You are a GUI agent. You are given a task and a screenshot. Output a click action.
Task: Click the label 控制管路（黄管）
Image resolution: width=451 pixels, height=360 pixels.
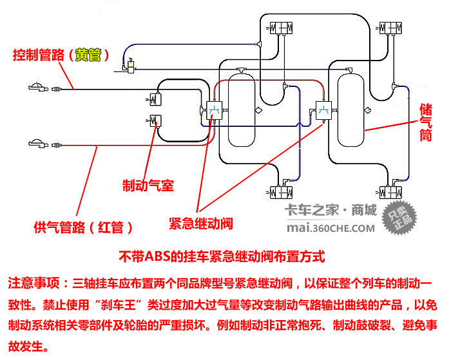pos(64,55)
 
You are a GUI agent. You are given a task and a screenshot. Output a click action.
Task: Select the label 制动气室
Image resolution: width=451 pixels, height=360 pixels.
pos(148,186)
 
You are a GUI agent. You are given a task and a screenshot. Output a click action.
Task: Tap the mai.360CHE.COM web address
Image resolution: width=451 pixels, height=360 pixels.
pos(330,227)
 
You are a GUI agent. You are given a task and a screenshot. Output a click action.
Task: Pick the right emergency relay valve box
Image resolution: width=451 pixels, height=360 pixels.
pos(323,110)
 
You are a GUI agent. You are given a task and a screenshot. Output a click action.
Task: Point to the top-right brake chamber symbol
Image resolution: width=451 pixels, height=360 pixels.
pos(390,28)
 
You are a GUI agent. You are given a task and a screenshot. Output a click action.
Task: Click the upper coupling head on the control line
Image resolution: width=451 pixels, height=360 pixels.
pos(39,87)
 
